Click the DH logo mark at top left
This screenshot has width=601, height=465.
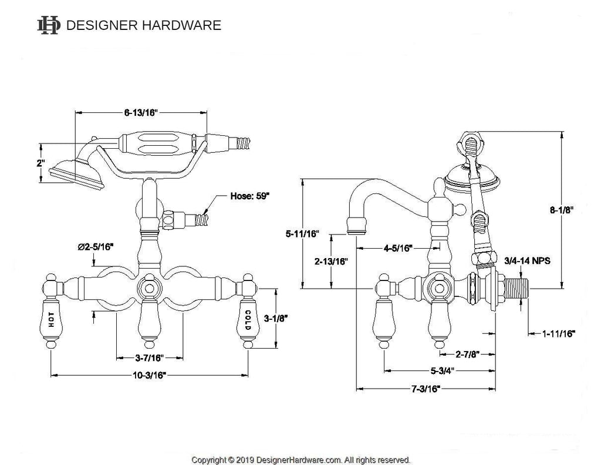[x=49, y=25]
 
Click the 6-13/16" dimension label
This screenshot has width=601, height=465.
[x=141, y=113]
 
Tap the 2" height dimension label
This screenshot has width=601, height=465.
[x=40, y=163]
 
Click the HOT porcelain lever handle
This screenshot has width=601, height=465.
[x=53, y=319]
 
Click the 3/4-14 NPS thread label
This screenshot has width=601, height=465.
[x=528, y=260]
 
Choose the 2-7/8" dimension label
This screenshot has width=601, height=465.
[x=468, y=354]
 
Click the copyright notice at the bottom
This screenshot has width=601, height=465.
[x=300, y=460]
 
